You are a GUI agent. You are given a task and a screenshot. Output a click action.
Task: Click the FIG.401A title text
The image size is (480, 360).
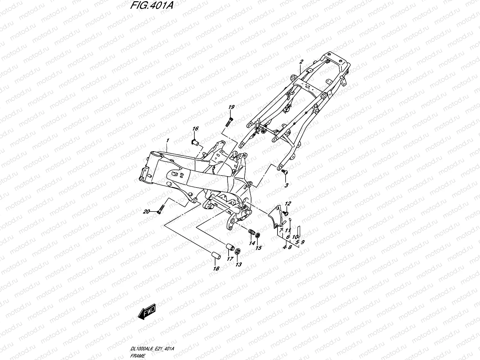coord(152,5)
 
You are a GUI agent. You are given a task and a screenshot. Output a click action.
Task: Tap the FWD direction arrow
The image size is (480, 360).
coord(147,311)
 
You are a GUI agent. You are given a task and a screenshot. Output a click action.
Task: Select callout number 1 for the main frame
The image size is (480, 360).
coord(168,140)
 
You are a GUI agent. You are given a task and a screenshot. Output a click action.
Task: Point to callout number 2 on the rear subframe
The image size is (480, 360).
coord(301,61)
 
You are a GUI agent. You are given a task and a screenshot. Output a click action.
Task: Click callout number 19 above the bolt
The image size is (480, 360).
coord(231,107)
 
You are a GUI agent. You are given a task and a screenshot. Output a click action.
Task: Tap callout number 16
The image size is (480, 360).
coord(195,128)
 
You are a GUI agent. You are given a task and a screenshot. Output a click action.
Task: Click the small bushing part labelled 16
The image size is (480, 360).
coord(195,142)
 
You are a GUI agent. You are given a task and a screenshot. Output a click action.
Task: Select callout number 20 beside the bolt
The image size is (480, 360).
coord(146,211)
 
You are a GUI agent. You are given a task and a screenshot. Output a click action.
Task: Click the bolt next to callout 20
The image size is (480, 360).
coord(160,209)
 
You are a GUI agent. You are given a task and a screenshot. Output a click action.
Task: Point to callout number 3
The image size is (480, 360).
coord(286,185)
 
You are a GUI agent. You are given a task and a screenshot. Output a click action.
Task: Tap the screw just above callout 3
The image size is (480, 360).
coord(284,172)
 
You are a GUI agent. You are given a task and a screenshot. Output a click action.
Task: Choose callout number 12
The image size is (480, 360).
coord(288,203)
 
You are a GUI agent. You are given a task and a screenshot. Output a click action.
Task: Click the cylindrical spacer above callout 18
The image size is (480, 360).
coord(216,256)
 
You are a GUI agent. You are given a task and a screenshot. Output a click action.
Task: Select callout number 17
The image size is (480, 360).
coord(230,259)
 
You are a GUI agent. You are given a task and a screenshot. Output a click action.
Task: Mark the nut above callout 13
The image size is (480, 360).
coord(238,251)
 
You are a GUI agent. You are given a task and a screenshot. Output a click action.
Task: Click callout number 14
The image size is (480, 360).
coord(252,243)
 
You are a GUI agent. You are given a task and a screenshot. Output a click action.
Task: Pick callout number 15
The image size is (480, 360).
coord(259,248)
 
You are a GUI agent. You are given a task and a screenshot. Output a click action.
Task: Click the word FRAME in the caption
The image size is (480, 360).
coord(137,356)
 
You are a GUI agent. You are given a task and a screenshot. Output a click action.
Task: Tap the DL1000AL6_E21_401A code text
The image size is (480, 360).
coord(152,349)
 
